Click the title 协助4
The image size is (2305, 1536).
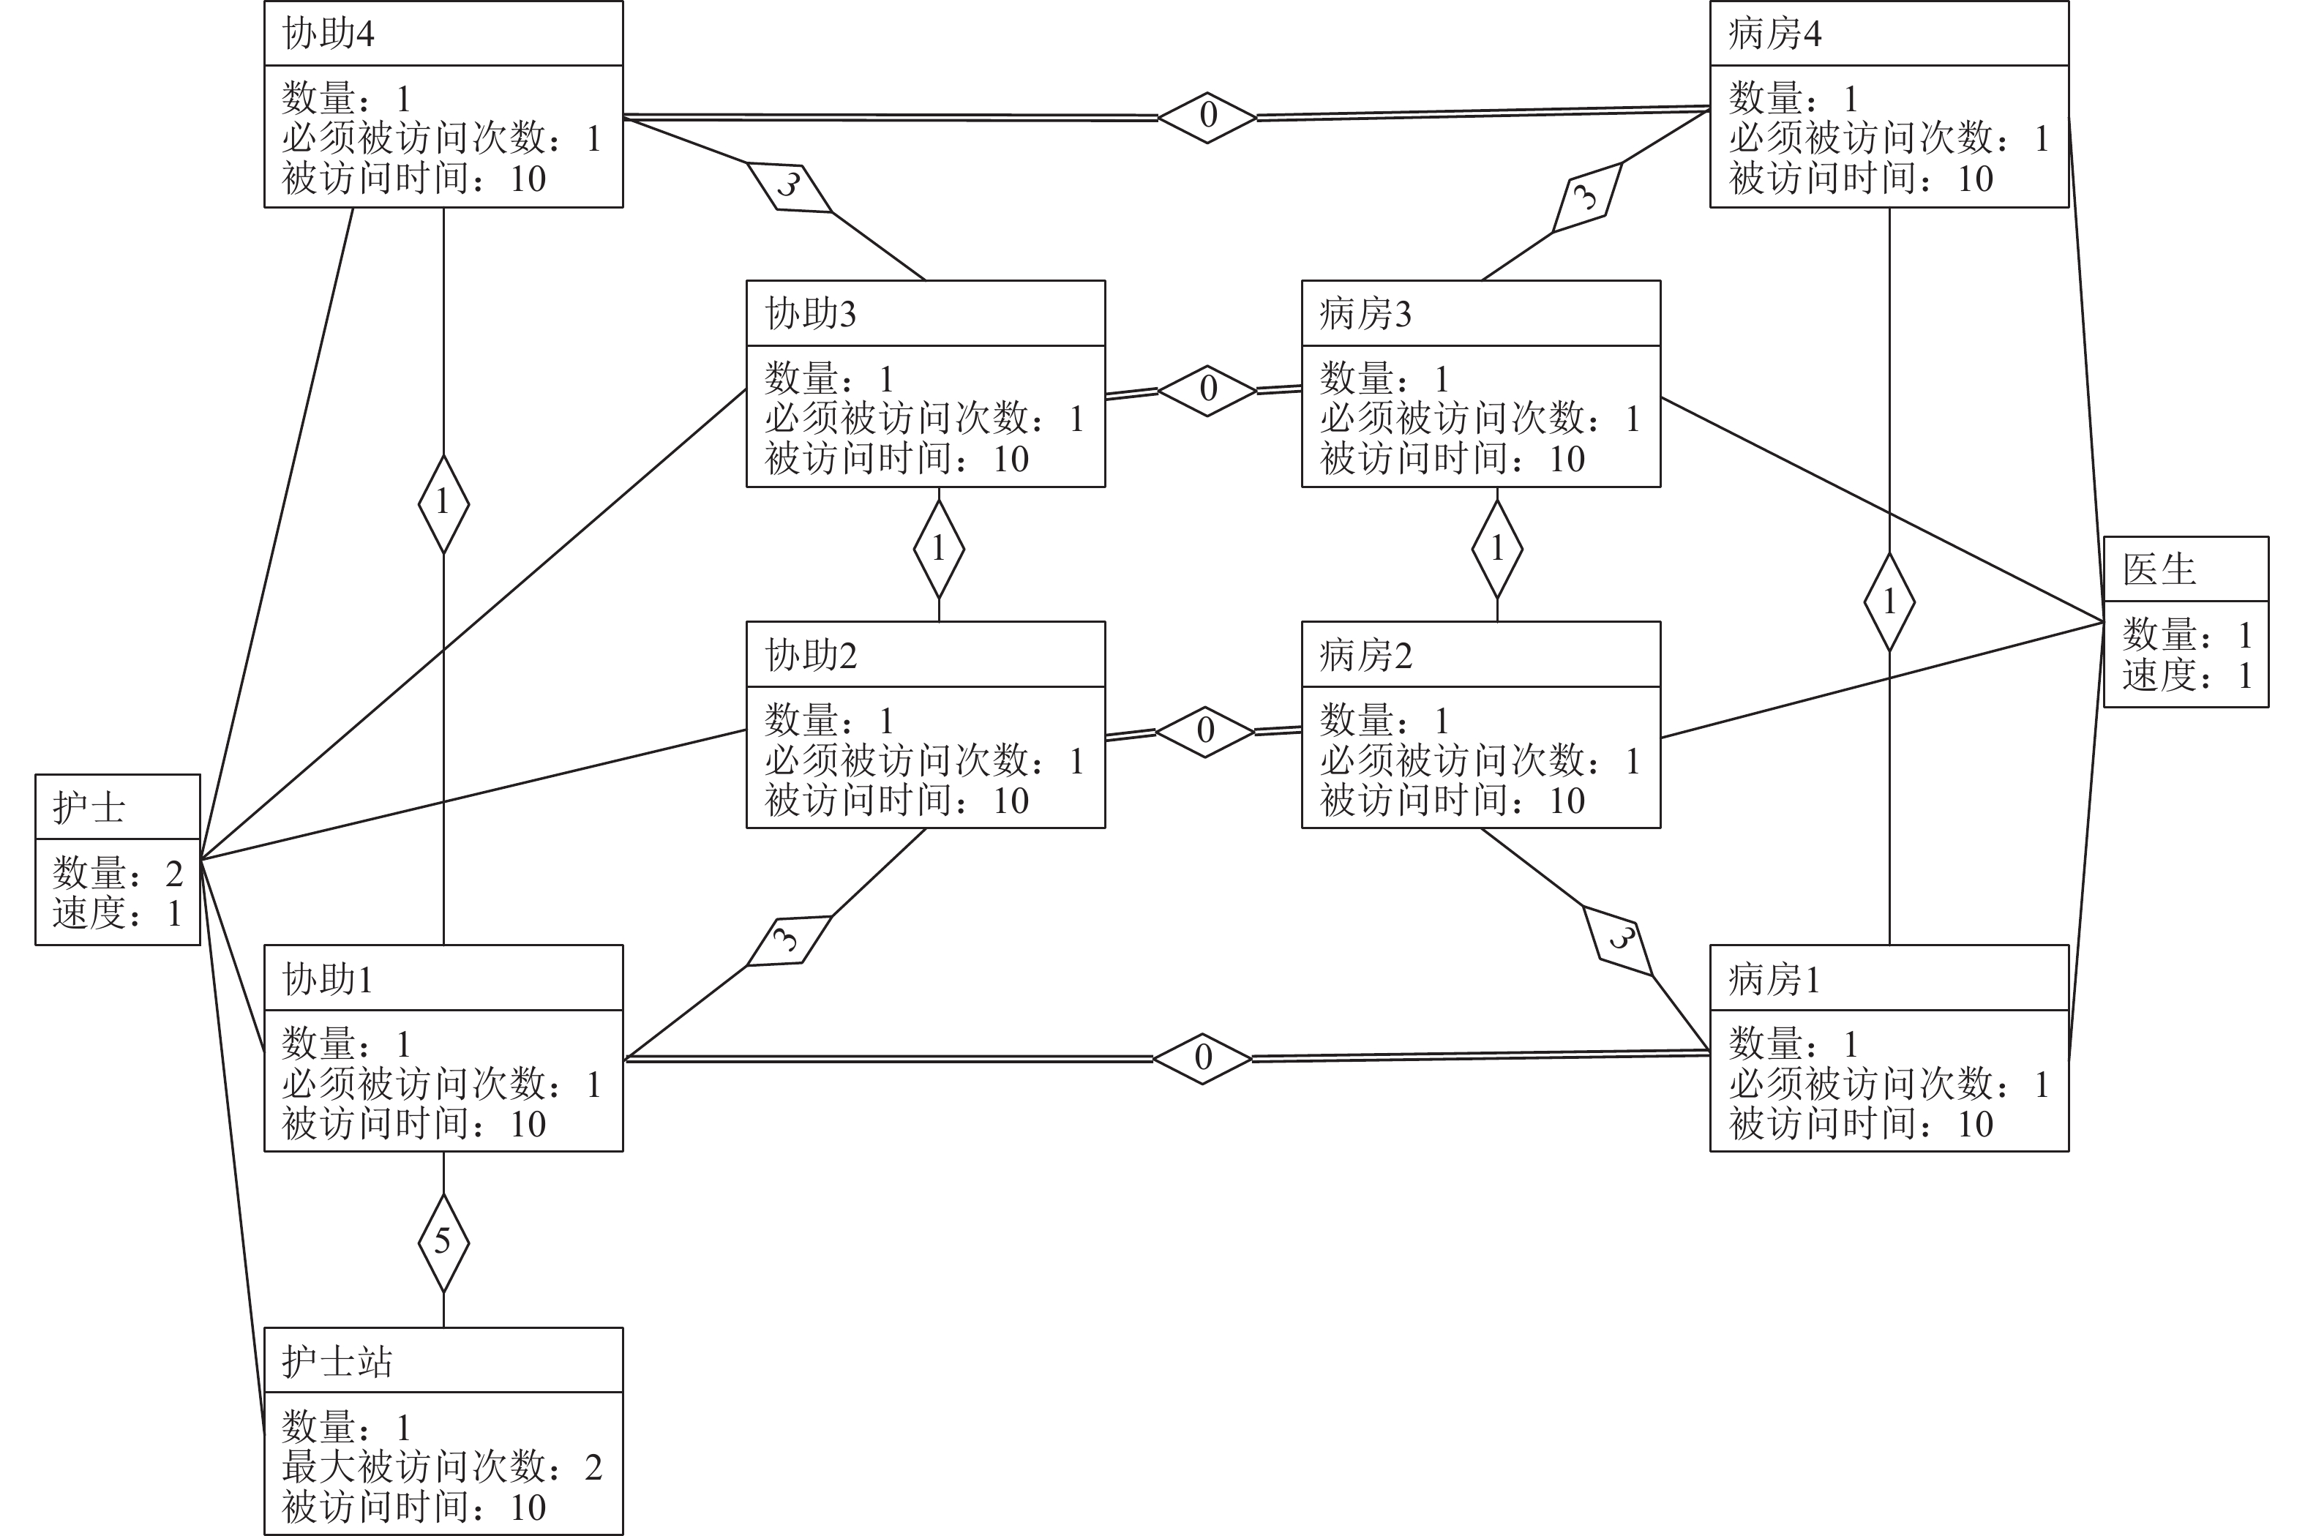tap(328, 34)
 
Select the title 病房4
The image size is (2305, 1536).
tap(1774, 34)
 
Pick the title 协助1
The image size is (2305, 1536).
tap(328, 980)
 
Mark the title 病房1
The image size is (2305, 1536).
tap(1774, 980)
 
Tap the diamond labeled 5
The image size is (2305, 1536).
tap(443, 1242)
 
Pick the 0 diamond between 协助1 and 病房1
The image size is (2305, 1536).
tap(1203, 1058)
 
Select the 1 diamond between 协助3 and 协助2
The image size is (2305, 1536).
tap(938, 549)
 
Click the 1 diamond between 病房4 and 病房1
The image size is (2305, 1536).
tap(1889, 602)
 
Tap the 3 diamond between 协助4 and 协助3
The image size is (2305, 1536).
tap(789, 185)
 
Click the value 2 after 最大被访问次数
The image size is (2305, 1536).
tap(593, 1467)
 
